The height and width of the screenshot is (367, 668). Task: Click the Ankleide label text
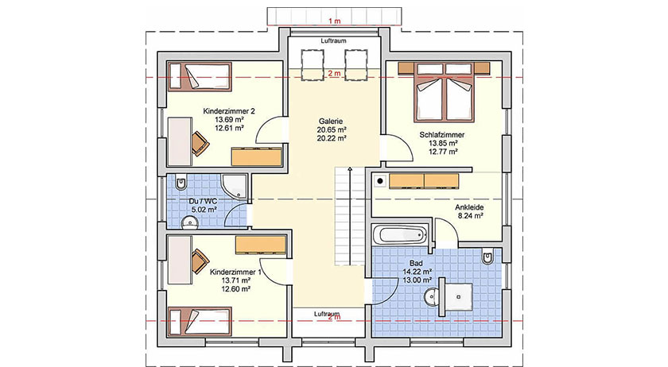coord(468,207)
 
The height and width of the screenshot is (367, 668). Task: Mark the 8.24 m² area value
coord(468,216)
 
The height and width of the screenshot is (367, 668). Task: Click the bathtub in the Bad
coord(401,235)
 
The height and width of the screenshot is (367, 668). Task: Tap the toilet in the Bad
coord(488,259)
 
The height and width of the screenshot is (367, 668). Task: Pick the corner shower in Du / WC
coord(235,185)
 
